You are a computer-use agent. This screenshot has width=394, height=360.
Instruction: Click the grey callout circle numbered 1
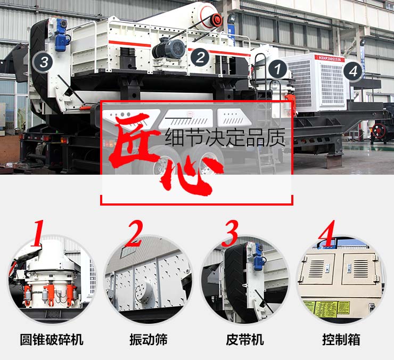277,69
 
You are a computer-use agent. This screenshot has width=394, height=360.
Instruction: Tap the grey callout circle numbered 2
200,57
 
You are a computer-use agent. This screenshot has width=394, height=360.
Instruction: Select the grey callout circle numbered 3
44,62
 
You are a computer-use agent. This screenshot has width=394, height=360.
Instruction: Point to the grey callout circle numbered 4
352,70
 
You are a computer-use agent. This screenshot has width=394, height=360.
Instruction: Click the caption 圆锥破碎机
52,339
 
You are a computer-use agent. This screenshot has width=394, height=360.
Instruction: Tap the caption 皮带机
244,339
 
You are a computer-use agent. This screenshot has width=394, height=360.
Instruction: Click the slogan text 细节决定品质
226,137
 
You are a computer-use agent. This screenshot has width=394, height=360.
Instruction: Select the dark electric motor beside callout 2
169,50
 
